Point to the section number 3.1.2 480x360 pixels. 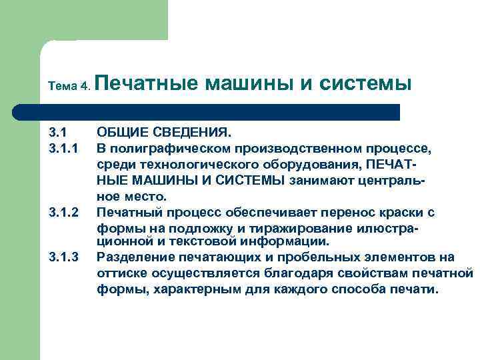click(64, 213)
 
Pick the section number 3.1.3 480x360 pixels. click(64, 257)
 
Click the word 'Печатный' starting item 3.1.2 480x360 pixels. click(126, 213)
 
